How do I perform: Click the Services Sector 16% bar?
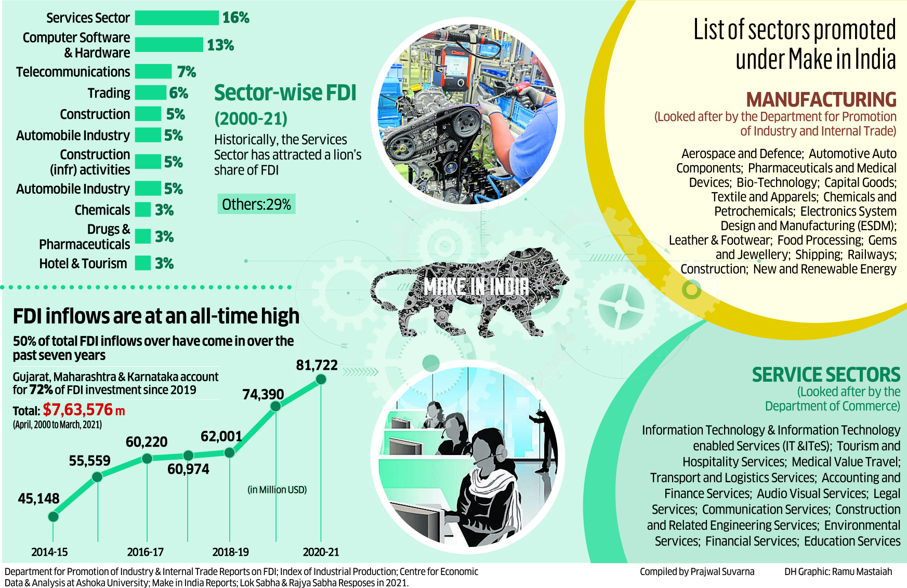[x=177, y=18]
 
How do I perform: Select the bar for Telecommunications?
[x=153, y=72]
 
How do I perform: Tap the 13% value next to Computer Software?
[x=220, y=45]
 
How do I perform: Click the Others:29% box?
[x=256, y=205]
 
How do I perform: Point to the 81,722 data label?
[x=317, y=366]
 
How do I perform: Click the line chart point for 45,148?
[x=53, y=516]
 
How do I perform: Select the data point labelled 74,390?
[x=275, y=406]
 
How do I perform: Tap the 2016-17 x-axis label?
[x=145, y=552]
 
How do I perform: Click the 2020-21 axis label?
[x=321, y=552]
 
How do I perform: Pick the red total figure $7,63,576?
[x=78, y=410]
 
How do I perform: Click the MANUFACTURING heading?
[x=821, y=100]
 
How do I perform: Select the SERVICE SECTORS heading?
[x=826, y=375]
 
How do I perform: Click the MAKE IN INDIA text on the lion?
[x=476, y=287]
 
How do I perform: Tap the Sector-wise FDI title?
[x=285, y=93]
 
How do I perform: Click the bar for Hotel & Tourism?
[x=143, y=263]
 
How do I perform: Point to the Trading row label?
[x=109, y=93]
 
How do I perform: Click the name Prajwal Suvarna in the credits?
[x=722, y=572]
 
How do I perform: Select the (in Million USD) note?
[x=277, y=490]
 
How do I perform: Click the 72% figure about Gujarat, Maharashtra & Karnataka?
[x=41, y=390]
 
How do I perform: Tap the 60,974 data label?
[x=188, y=469]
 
